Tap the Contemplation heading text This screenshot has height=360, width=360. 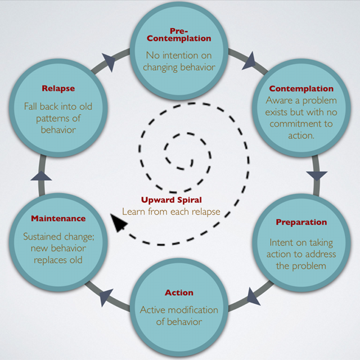pos(301,89)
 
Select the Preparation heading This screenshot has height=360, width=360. pos(301,222)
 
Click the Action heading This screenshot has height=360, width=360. pos(179,292)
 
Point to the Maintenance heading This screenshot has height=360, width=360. pos(58,218)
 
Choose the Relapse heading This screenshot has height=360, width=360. pos(58,88)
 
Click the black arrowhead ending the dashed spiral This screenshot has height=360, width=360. pos(119,224)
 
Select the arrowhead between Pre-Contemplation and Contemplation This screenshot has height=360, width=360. pos(249,58)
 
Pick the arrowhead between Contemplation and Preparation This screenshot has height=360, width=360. pos(317,175)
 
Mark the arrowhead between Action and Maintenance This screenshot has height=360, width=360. pos(106,296)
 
